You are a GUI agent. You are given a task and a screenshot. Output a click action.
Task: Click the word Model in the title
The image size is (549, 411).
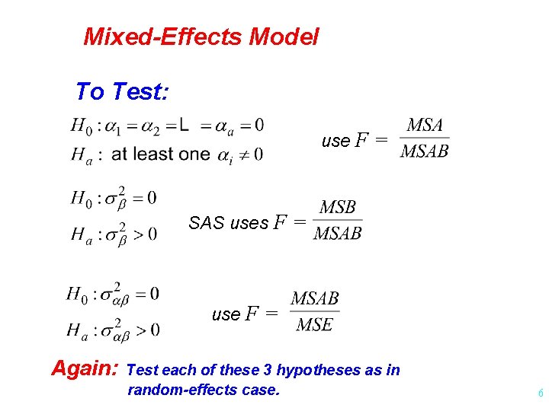tap(283, 37)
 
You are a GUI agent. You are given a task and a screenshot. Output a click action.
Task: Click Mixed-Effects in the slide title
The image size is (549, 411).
tap(162, 37)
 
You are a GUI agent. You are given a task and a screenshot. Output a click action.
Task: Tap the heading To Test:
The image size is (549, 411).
tap(121, 92)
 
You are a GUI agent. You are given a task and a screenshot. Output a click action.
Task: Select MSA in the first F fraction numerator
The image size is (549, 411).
tap(425, 126)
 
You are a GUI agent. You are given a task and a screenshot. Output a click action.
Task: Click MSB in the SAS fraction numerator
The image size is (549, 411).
tap(338, 208)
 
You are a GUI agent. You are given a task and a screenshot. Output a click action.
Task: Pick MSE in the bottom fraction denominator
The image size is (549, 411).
tap(314, 325)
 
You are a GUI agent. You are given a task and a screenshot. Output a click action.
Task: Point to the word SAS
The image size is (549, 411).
tap(206, 224)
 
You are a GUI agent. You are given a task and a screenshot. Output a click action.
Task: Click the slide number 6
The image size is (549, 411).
tap(540, 393)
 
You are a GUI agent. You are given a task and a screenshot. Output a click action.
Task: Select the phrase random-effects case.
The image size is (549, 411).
tap(204, 390)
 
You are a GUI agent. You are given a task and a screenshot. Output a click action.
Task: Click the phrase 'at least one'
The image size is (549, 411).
tap(160, 154)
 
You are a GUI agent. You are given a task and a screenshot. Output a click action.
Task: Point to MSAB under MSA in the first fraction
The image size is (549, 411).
tap(425, 151)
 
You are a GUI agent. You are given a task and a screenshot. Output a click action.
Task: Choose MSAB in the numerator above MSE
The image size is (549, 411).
tap(315, 299)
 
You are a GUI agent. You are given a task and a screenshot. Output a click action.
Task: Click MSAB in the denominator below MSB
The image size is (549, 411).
tap(338, 233)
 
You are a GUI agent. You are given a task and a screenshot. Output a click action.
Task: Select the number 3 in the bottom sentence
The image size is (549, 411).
tap(268, 371)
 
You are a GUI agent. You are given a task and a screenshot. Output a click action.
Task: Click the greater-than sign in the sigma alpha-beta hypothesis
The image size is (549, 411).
tap(140, 330)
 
